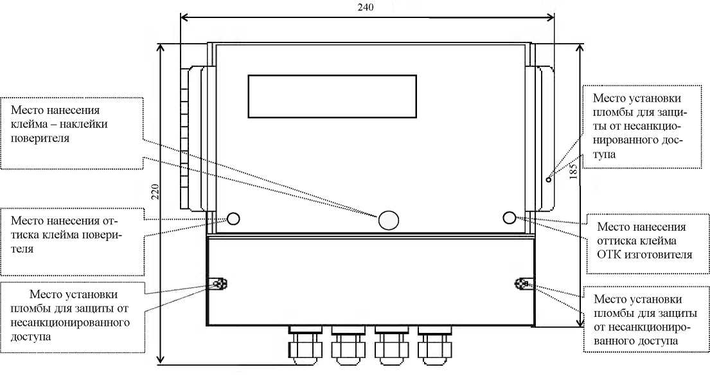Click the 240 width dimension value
pos(366,7)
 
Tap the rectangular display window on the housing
pos(332,96)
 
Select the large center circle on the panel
pos(389,220)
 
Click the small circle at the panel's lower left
pos(233,219)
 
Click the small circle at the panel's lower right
pos(509,217)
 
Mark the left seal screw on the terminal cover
pos(218,284)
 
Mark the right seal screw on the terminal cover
pos(523,283)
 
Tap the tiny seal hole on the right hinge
pos(548,180)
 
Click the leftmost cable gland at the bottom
pos(305,345)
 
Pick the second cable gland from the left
pos(348,345)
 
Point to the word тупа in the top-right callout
pos(605,154)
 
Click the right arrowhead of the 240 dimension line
pos(551,17)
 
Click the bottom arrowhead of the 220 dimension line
pos(160,360)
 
